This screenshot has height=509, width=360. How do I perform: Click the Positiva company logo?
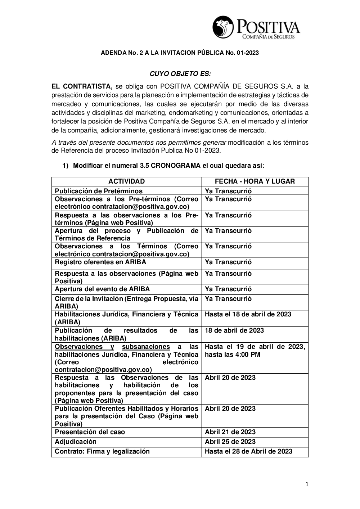(256, 28)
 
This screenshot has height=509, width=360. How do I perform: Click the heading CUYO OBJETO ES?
(180, 74)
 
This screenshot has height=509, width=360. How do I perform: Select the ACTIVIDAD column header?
(126, 181)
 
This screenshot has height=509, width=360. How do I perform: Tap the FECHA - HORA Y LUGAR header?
(255, 181)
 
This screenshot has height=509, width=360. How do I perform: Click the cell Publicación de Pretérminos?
(99, 191)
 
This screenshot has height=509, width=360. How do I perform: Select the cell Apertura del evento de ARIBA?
(102, 289)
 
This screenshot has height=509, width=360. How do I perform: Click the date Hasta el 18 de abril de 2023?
(248, 314)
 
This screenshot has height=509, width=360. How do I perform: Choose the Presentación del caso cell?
(90, 432)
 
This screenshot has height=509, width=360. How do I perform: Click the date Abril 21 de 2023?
(230, 432)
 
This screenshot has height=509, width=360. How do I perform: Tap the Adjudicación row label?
(76, 442)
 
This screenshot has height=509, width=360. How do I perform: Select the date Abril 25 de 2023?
(230, 442)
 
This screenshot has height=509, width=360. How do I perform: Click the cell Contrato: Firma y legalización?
(102, 451)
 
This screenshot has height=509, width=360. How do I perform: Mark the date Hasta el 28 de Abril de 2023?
(248, 451)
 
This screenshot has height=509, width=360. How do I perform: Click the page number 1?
(307, 485)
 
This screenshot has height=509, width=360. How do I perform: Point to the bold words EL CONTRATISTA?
(82, 86)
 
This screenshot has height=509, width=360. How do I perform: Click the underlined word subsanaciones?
(146, 347)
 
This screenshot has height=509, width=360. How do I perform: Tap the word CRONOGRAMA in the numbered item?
(176, 166)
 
